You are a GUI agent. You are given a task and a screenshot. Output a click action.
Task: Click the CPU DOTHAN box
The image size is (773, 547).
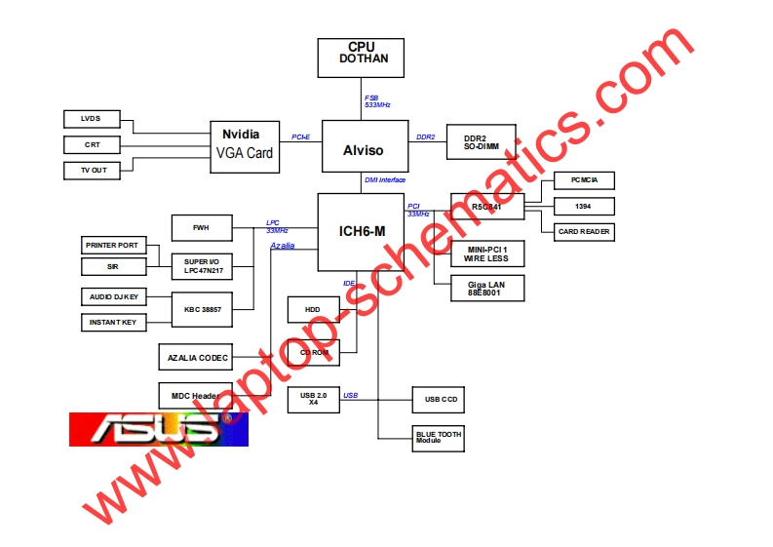pyautogui.click(x=361, y=58)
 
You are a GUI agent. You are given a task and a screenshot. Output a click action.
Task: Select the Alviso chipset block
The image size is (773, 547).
pyautogui.click(x=363, y=149)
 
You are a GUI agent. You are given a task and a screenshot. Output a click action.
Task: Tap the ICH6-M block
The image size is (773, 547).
pyautogui.click(x=360, y=232)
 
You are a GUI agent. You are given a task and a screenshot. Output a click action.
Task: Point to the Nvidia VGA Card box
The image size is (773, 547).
pyautogui.click(x=245, y=145)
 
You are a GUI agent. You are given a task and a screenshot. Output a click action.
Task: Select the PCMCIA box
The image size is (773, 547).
pyautogui.click(x=585, y=180)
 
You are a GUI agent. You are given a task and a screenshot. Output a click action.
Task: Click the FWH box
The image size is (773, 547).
pyautogui.click(x=201, y=228)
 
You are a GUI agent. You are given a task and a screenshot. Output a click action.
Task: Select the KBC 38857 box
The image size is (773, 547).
pyautogui.click(x=203, y=309)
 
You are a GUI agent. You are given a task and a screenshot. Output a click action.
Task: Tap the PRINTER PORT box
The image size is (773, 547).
pyautogui.click(x=112, y=245)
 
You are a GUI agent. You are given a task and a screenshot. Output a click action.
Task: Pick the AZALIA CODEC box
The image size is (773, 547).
pyautogui.click(x=197, y=358)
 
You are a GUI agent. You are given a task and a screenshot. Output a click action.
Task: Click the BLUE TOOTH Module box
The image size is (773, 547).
pyautogui.click(x=439, y=437)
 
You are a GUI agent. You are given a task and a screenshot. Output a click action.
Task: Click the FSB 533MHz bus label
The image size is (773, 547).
pyautogui.click(x=377, y=100)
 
